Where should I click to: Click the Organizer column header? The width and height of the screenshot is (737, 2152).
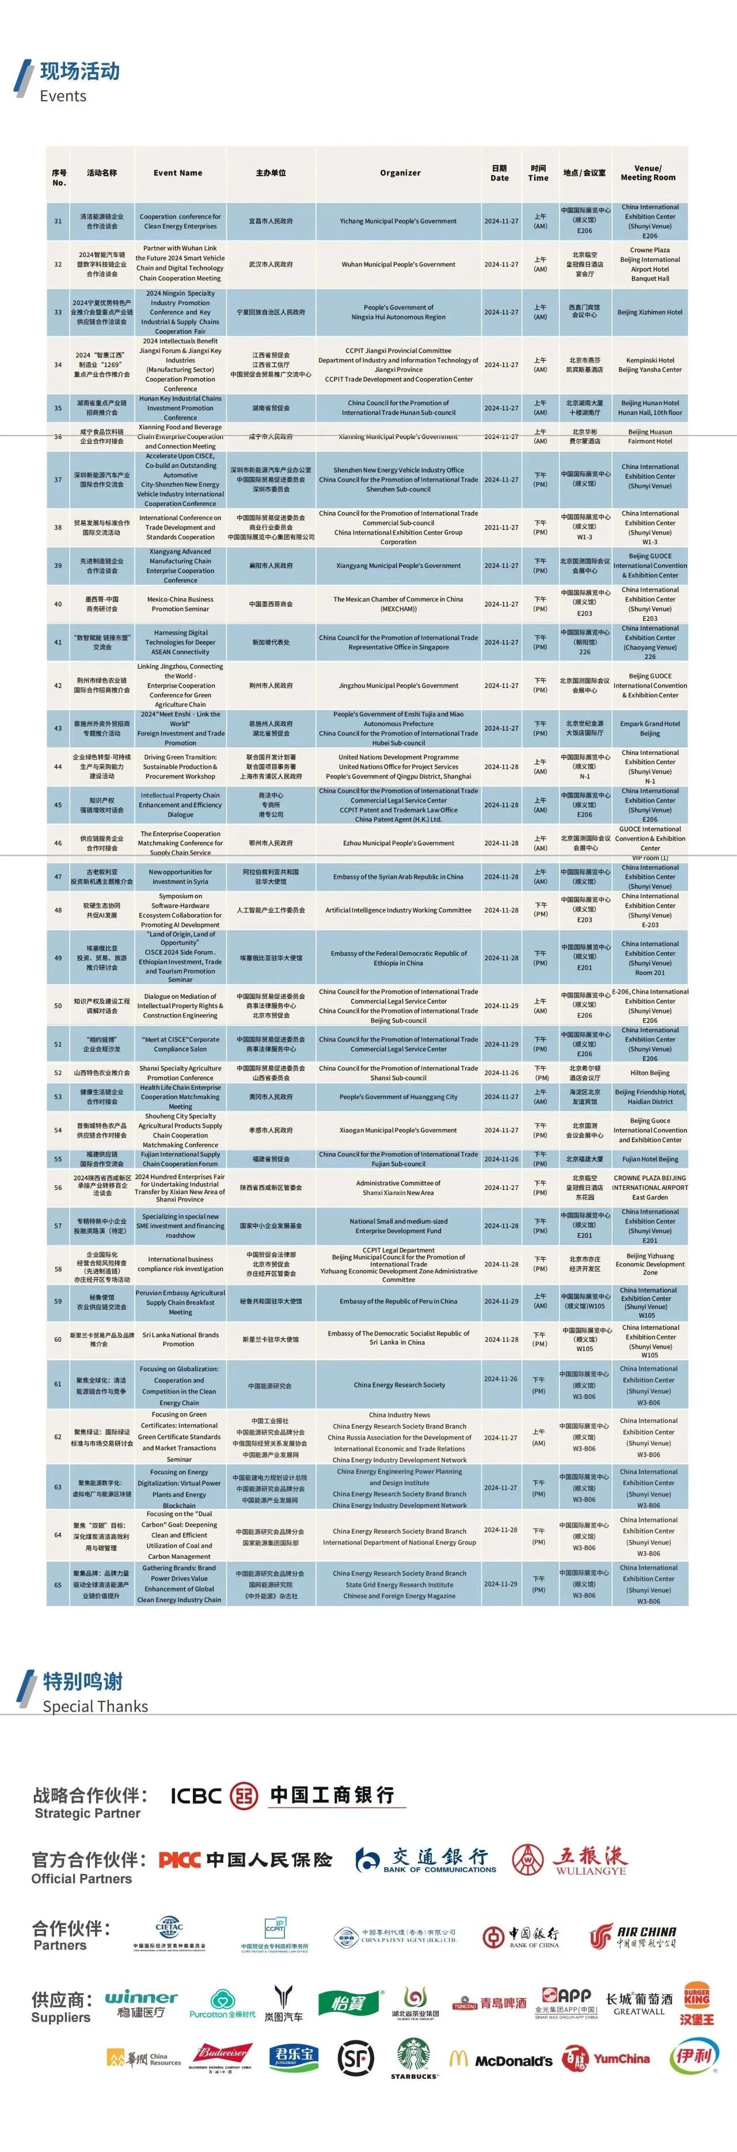(x=400, y=173)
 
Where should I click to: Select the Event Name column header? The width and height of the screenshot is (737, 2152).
(x=178, y=173)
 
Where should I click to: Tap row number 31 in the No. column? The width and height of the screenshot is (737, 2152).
(x=59, y=222)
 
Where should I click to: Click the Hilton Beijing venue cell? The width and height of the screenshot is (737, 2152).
(x=650, y=1073)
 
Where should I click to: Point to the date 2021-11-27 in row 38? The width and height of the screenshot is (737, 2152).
(x=500, y=527)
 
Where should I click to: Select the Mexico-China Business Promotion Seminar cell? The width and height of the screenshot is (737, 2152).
(x=180, y=604)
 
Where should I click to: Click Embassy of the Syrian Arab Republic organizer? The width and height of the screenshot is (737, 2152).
(x=398, y=877)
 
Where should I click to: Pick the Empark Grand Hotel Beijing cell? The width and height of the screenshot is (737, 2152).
(x=650, y=728)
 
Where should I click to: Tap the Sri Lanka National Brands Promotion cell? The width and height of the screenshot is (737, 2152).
(x=180, y=1339)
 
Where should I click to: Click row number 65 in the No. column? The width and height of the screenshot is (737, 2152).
(x=59, y=1584)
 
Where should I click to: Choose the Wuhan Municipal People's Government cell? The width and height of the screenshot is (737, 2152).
(x=398, y=264)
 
